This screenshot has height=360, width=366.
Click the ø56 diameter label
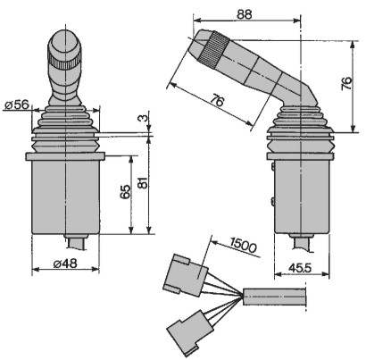18,105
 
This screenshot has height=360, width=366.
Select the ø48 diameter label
65,264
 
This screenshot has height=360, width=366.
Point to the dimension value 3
143,118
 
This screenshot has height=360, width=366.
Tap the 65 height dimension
125,191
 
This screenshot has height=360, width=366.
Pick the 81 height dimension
143,182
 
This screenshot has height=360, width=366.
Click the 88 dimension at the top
245,14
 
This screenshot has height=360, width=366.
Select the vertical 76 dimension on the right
346,84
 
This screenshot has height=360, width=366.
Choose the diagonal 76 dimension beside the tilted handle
217,100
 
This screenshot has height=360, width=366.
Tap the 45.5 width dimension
300,268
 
